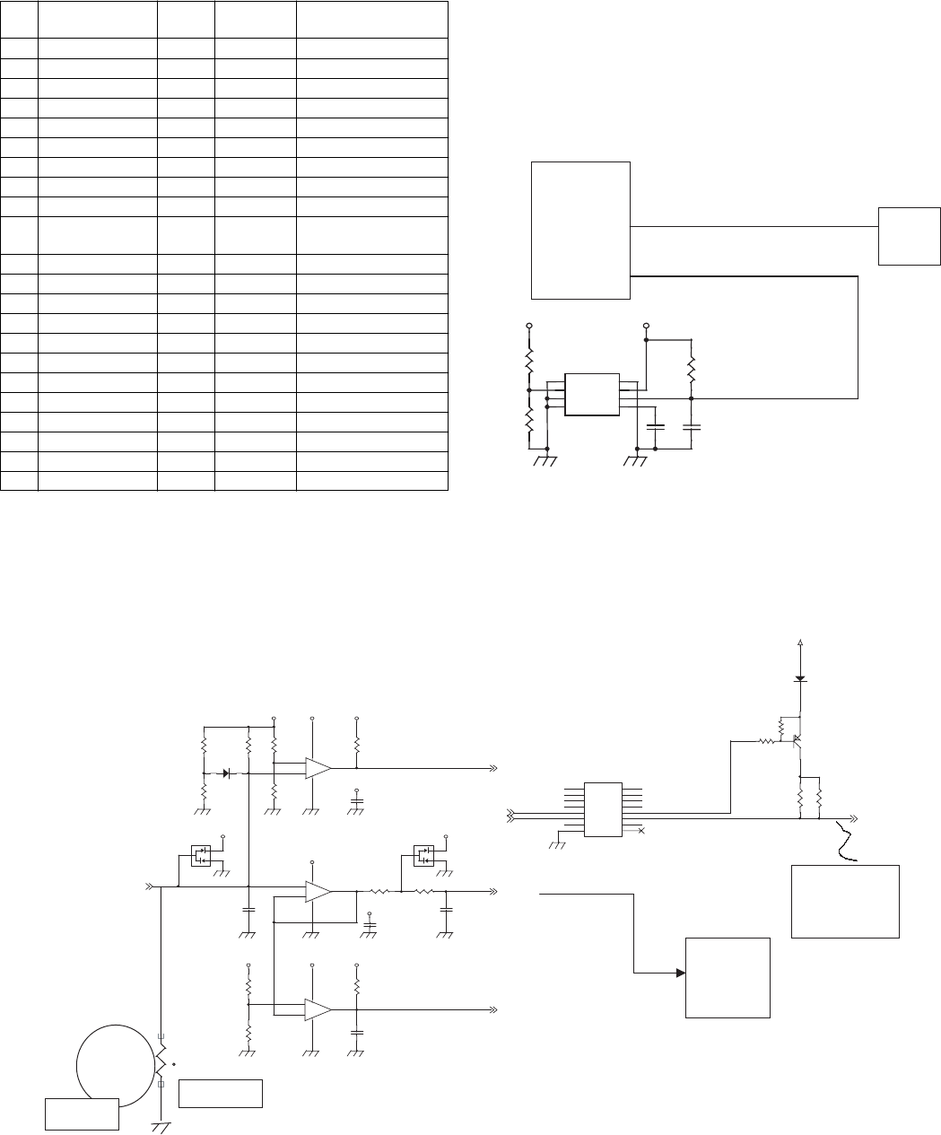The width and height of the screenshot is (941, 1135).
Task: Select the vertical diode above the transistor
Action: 799,679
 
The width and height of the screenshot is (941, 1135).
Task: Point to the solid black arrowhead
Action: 682,973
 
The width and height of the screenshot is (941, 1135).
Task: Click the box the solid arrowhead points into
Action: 728,977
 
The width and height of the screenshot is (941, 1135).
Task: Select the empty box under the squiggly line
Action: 845,901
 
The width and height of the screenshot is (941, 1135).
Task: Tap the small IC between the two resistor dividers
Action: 591,395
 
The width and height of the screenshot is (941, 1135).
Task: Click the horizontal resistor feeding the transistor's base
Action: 768,741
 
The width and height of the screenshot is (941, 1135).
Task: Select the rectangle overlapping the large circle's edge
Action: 83,1113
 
